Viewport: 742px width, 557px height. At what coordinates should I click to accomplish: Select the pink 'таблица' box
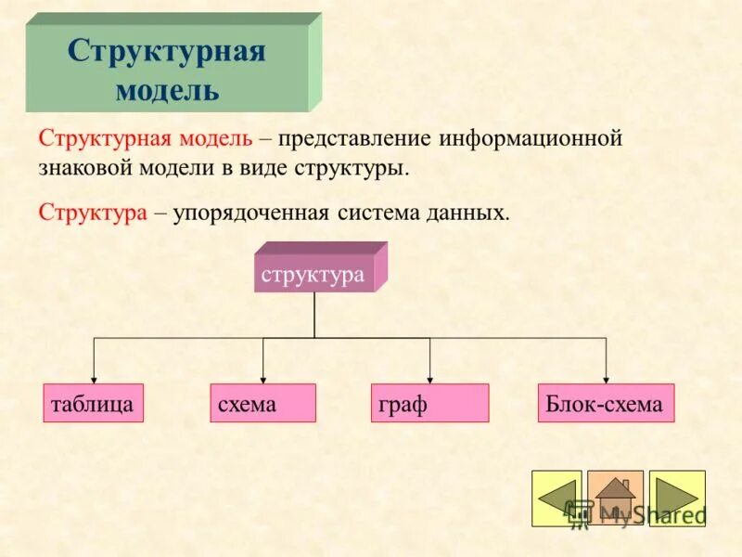coord(94,404)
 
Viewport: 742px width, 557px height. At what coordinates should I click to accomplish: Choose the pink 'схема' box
coord(262,404)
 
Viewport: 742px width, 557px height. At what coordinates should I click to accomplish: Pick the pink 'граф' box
coord(429,404)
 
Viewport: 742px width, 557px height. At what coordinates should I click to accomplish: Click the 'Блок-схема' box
coord(606,404)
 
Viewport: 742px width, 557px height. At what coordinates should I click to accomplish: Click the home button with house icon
coord(615,499)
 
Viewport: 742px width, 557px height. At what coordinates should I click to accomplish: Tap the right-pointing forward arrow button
coord(677,499)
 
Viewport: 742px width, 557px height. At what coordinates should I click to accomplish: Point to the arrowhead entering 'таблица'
coord(94,379)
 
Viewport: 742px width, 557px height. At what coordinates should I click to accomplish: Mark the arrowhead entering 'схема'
coord(263,379)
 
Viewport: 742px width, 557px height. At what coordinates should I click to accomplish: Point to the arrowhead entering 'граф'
coord(429,379)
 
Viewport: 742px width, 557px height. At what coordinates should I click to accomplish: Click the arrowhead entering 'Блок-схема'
coord(607,379)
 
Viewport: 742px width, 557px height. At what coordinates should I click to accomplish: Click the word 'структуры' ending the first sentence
coord(352,170)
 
